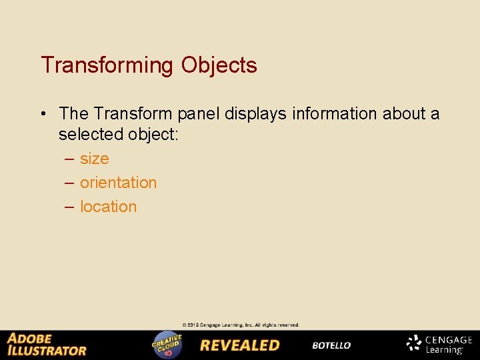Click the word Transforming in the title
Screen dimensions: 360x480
click(x=107, y=65)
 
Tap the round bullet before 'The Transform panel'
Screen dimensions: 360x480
click(x=43, y=114)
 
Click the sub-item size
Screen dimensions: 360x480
click(x=94, y=159)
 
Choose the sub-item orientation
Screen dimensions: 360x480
click(x=118, y=183)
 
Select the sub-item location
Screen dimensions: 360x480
click(x=108, y=207)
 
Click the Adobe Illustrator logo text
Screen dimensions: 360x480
click(x=47, y=345)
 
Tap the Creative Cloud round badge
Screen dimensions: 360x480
click(x=167, y=345)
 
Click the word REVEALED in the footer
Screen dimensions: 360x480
click(x=240, y=345)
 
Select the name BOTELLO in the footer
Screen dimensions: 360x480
click(x=331, y=345)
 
